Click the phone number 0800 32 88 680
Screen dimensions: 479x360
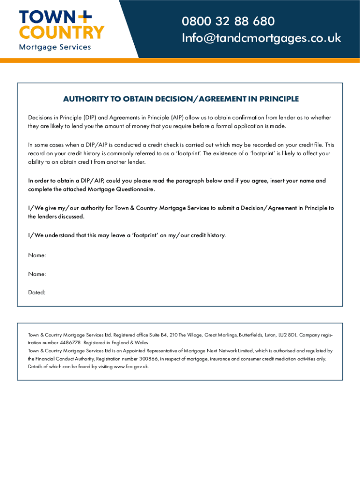228,22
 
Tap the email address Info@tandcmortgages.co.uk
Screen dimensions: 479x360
261,38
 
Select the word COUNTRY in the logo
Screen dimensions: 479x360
61,32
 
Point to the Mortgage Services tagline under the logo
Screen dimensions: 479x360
55,47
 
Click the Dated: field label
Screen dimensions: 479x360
37,292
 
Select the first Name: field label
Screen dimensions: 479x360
37,255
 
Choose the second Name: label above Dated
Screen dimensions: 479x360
37,274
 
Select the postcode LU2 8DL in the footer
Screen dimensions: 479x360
285,335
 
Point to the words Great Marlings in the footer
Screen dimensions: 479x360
219,335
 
